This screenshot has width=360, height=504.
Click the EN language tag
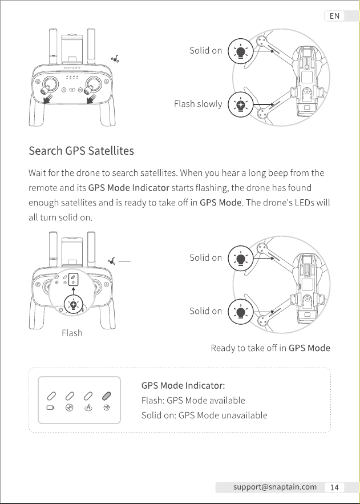(334, 16)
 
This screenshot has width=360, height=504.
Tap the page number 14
(334, 487)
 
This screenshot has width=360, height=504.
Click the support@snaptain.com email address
(275, 487)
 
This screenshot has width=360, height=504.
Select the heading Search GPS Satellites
(81, 151)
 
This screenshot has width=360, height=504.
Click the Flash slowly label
(198, 104)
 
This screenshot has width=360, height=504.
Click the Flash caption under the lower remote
(72, 333)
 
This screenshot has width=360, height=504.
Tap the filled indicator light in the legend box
(106, 396)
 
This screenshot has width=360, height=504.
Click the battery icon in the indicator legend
(50, 408)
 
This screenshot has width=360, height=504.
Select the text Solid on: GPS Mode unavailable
(204, 416)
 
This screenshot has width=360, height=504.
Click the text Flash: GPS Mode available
(193, 401)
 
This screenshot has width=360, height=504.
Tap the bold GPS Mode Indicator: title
(183, 385)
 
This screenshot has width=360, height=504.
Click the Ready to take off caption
(270, 348)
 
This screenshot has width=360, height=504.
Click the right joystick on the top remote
(92, 86)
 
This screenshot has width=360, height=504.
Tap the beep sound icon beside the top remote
(115, 59)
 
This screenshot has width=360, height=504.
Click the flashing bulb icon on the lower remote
(74, 304)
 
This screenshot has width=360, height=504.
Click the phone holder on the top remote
(72, 47)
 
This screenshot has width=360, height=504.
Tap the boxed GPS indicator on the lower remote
(74, 279)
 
